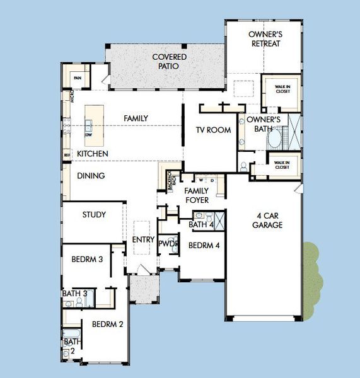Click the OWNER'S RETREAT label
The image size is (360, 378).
coord(264,39)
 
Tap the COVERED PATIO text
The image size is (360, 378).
coord(165,62)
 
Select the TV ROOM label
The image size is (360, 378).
coord(212,130)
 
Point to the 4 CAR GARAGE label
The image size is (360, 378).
coord(267,220)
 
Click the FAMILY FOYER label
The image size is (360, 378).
coord(196,195)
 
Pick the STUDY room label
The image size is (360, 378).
coord(94,215)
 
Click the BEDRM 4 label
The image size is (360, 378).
coord(204,246)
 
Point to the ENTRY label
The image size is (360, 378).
coord(143,239)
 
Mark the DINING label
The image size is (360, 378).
coord(91,176)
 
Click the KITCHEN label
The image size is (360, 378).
coord(93,154)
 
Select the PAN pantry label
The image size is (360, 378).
coord(78,78)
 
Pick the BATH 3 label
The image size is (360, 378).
coord(74,294)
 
